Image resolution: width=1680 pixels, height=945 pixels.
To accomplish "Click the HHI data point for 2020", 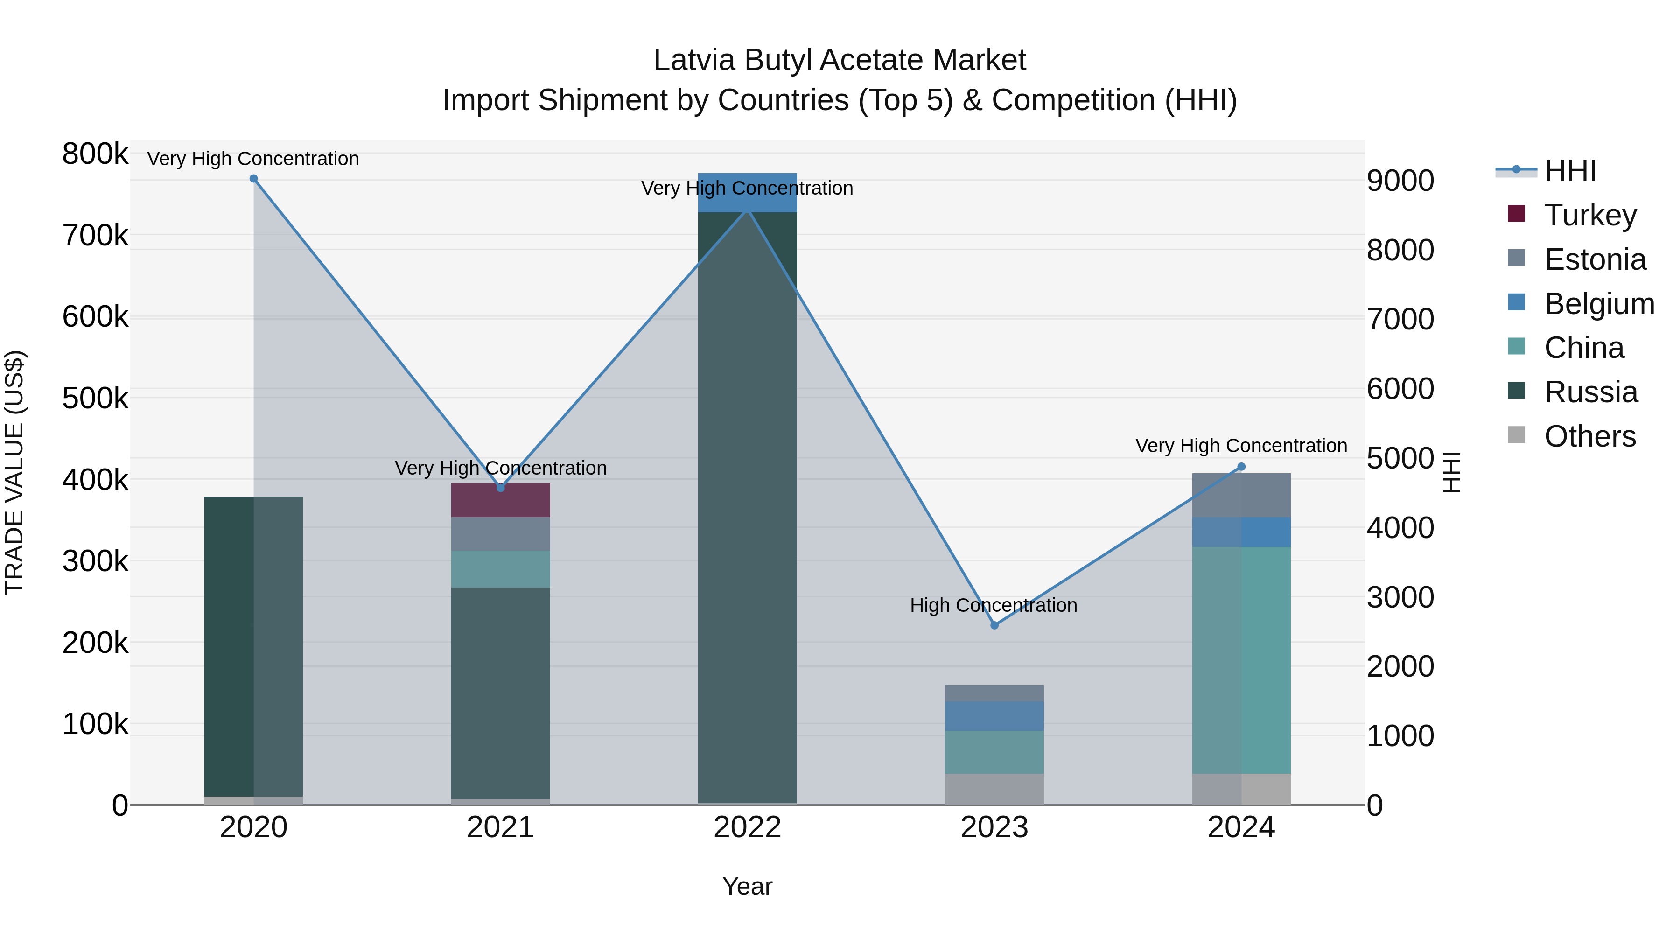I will coord(254,179).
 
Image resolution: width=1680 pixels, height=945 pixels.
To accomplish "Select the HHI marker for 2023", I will coord(994,625).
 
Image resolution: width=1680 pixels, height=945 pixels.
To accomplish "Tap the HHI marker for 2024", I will coord(1241,467).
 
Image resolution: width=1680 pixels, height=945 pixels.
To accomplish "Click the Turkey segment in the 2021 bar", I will coord(500,501).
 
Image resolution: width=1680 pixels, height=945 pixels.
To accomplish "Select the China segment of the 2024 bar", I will coord(1241,660).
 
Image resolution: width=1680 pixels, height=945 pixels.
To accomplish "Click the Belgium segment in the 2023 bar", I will coord(994,716).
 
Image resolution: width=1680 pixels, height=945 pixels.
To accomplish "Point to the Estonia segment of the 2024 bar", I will coord(1241,496).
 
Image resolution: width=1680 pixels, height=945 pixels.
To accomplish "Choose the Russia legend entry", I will coord(1590,392).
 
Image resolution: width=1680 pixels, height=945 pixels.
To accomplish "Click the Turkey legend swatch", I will coord(1516,214).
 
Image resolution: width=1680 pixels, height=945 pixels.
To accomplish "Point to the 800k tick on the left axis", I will coord(95,154).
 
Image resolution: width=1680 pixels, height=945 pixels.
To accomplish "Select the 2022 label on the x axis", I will coord(748,827).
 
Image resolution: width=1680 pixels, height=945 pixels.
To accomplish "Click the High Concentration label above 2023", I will coord(993,605).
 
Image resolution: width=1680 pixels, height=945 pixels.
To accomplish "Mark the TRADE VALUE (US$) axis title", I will coord(14,472).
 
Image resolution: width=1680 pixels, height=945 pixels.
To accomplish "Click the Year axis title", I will coord(748,886).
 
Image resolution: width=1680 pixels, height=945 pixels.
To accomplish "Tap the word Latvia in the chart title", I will coord(694,60).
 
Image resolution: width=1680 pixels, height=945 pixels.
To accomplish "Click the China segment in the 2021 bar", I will coord(500,569).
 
